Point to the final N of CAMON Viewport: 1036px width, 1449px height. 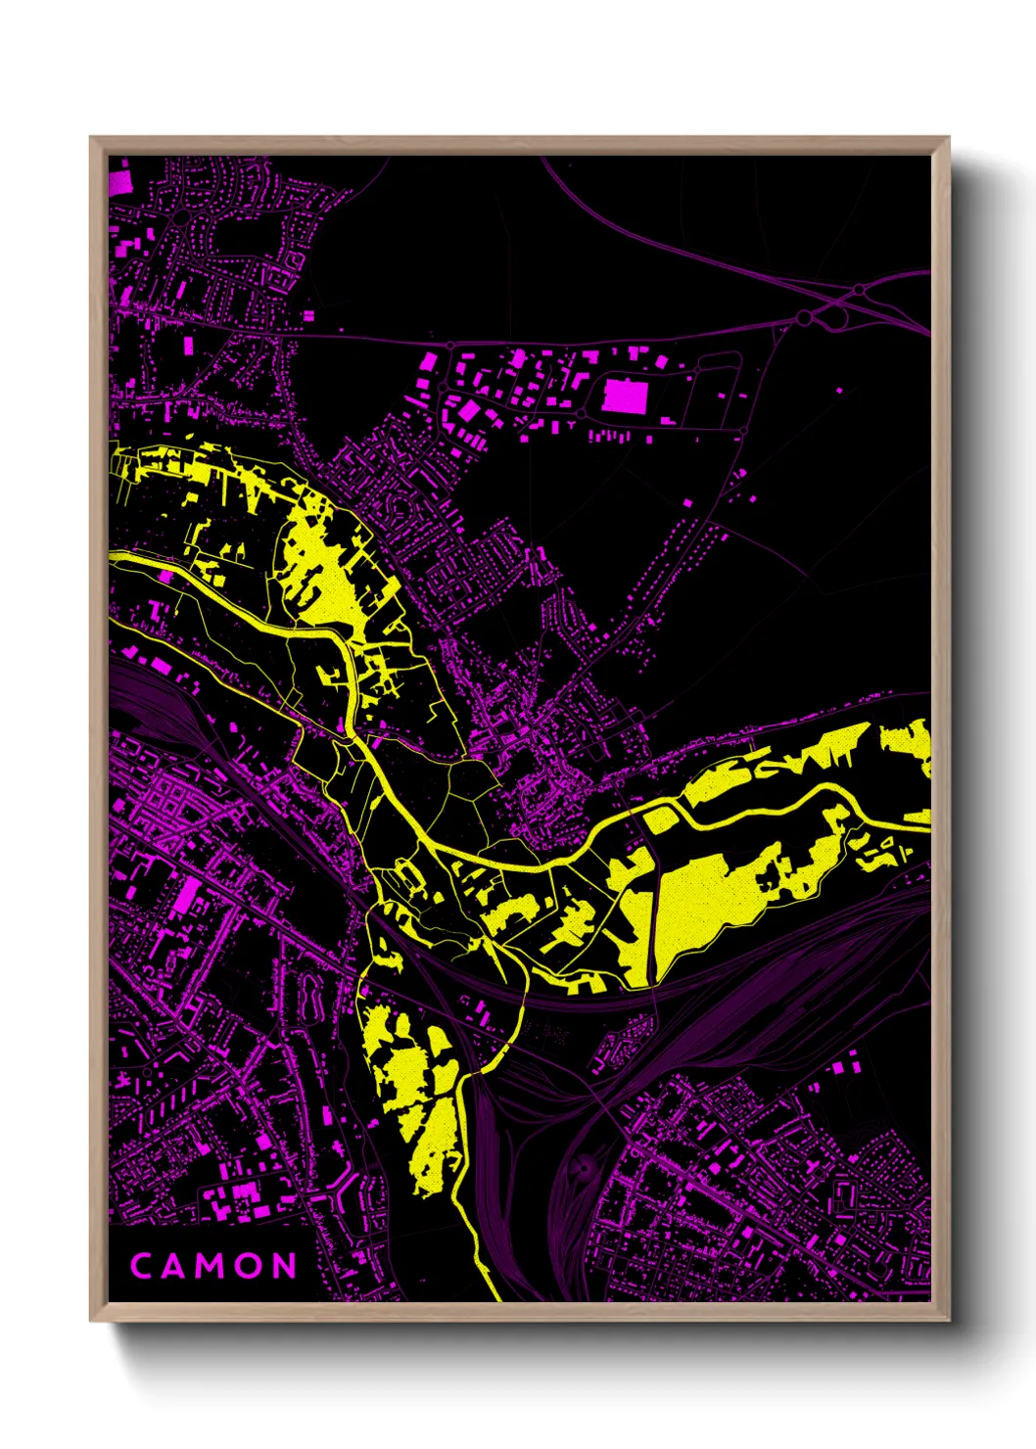pyautogui.click(x=284, y=1266)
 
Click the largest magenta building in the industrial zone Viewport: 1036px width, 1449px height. pyautogui.click(x=625, y=397)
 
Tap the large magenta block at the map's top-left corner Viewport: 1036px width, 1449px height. pyautogui.click(x=119, y=182)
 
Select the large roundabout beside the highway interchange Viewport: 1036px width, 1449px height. pyautogui.click(x=805, y=317)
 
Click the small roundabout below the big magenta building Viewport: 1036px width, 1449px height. pyautogui.click(x=743, y=431)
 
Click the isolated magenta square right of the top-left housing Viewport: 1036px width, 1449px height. pyautogui.click(x=309, y=316)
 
